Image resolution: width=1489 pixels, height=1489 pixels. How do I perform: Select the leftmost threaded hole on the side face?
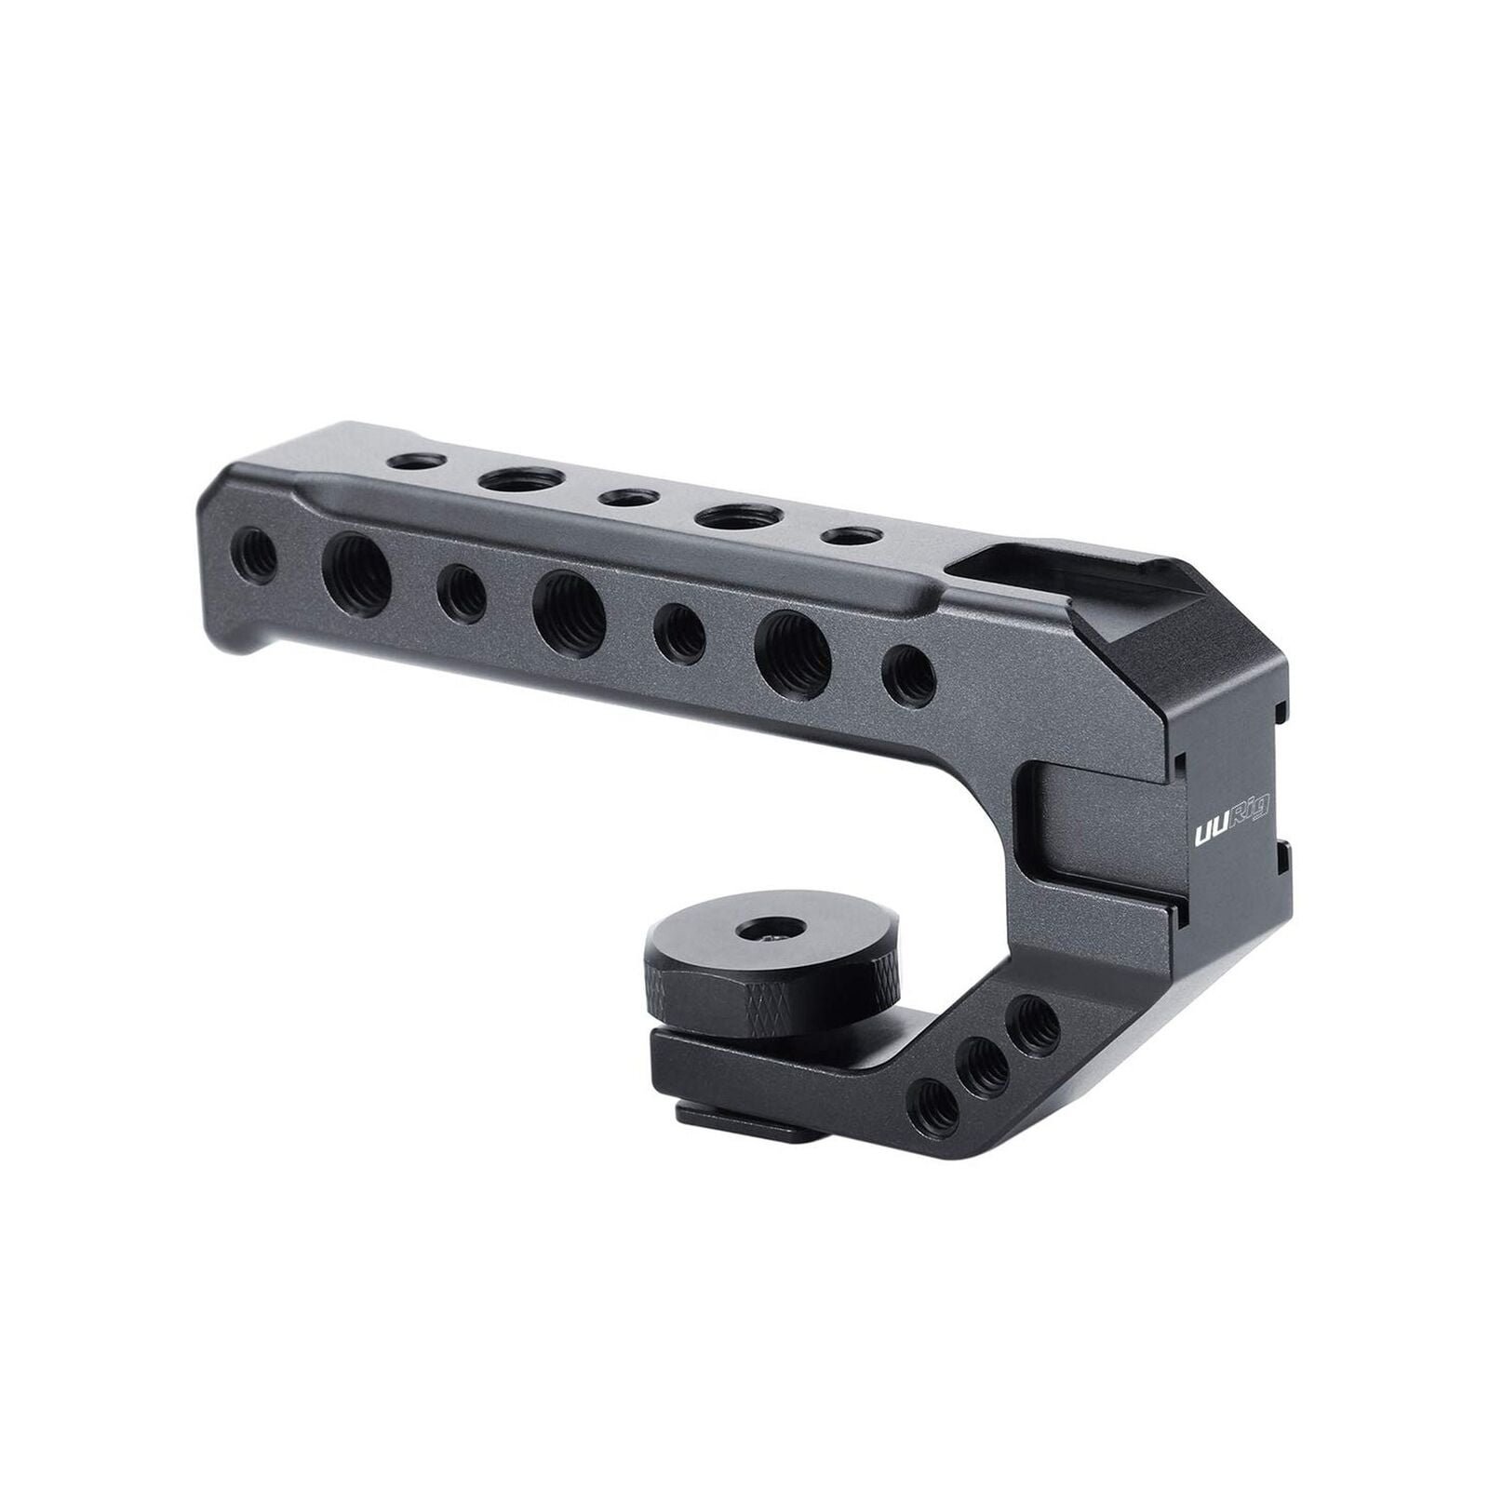(256, 556)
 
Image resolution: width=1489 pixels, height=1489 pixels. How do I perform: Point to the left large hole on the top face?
(523, 479)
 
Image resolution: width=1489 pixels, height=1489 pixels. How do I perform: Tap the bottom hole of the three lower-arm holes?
(934, 1104)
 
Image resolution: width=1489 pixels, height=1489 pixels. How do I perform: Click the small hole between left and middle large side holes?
(462, 595)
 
